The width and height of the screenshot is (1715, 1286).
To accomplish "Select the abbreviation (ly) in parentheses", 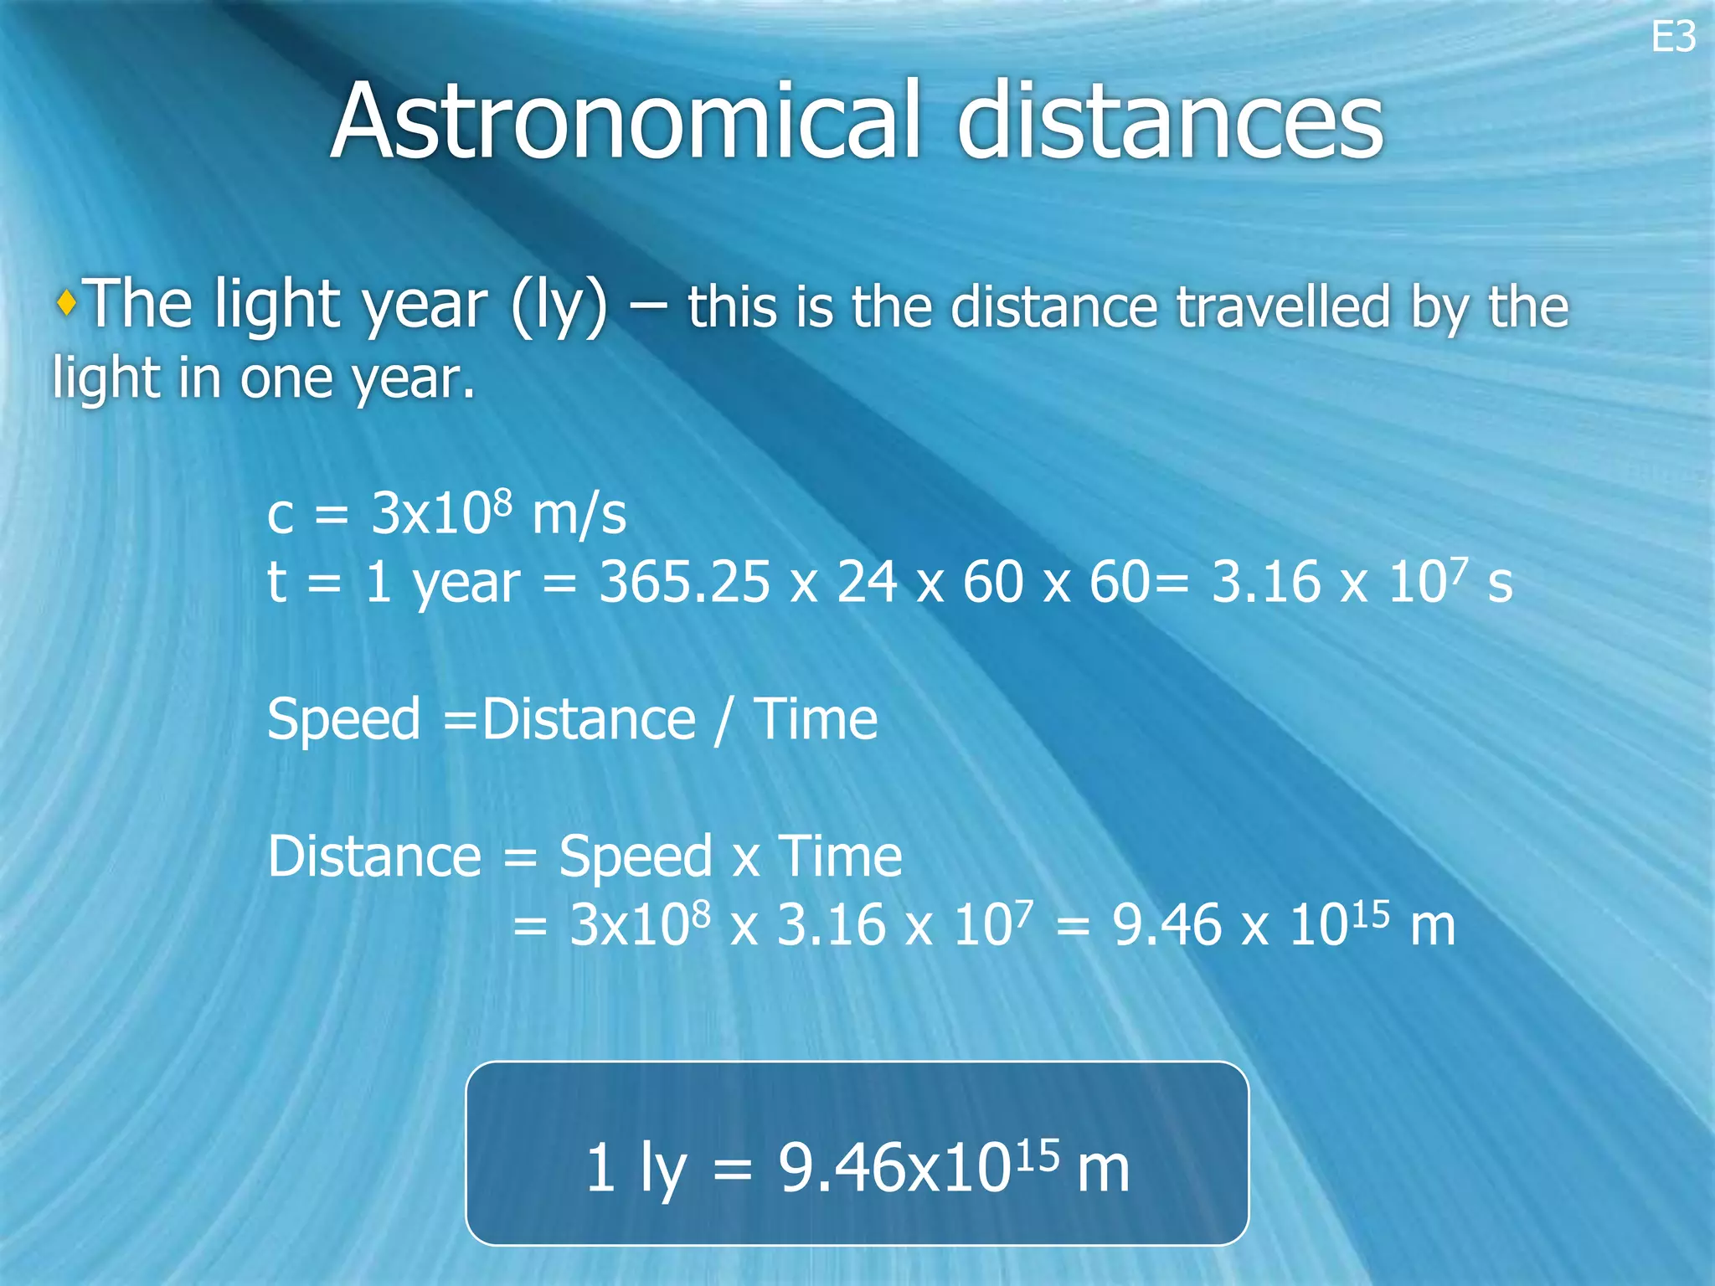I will coord(559,306).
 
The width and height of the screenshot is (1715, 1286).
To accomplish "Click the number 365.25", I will coord(683,583).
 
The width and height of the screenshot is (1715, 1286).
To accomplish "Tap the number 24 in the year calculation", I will coord(868,583).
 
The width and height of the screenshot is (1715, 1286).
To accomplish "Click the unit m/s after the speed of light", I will coord(579,514).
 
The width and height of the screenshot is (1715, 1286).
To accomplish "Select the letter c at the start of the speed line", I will coord(281,516).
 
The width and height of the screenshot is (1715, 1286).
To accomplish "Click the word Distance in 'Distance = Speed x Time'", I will coord(374,856).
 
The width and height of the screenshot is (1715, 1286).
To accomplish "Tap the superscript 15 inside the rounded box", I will coord(1039,1155).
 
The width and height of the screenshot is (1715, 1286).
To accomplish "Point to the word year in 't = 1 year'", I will coord(466,584).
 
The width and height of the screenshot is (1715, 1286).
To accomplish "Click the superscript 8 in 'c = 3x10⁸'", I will coord(502,502).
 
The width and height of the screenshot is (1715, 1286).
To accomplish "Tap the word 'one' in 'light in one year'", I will coord(286,379).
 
